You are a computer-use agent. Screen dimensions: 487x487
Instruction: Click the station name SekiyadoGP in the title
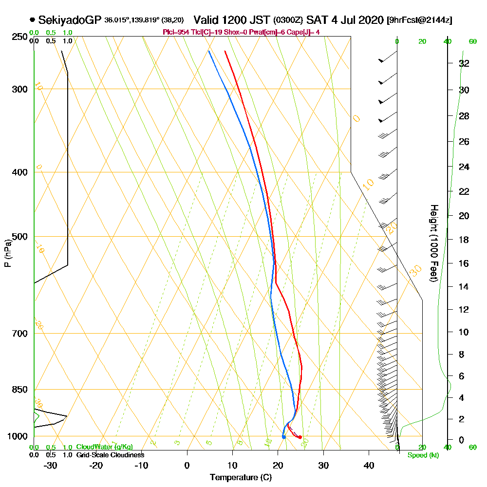click(70, 20)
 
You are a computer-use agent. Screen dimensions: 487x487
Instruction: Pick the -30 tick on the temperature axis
click(50, 466)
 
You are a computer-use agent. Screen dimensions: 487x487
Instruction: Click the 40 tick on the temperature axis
click(369, 466)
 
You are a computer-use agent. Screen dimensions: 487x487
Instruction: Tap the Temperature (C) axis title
click(241, 478)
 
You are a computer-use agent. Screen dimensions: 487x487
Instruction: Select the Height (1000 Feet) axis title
click(433, 243)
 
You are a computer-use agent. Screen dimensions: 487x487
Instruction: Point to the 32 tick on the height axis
click(464, 63)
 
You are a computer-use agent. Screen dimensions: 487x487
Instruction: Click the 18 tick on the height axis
click(464, 240)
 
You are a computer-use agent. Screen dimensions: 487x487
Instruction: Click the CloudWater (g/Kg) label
click(104, 447)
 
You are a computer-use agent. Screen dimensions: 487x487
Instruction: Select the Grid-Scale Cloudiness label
click(110, 455)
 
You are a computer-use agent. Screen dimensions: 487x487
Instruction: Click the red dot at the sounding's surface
click(300, 437)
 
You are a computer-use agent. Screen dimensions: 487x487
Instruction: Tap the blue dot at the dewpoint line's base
click(283, 437)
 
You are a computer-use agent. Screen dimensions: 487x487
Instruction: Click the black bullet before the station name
click(32, 20)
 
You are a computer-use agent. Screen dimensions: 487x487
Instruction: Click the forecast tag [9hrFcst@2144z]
click(419, 20)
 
